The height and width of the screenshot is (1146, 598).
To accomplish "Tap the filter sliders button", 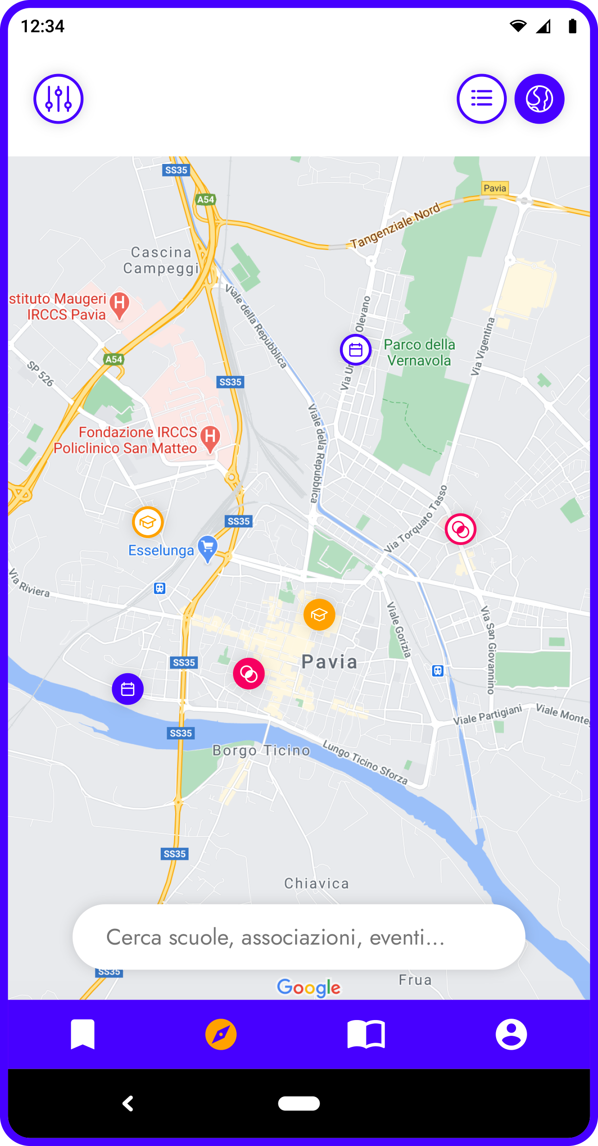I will click(58, 99).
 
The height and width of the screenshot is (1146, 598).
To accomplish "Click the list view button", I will click(481, 99).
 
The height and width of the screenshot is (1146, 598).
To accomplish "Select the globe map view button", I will click(539, 99).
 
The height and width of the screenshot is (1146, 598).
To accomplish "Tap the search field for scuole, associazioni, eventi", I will click(299, 937).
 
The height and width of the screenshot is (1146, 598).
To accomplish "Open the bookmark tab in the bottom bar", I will click(82, 1034).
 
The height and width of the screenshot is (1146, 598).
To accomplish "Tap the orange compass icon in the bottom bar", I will click(221, 1034).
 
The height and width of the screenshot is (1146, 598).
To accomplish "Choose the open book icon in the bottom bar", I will click(366, 1034).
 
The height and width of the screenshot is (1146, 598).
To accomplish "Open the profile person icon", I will click(511, 1034).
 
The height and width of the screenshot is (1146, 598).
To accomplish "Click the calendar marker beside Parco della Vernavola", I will click(356, 350).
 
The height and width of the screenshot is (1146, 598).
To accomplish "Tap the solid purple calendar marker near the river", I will click(128, 689).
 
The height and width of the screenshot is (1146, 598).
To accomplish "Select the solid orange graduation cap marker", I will click(319, 614).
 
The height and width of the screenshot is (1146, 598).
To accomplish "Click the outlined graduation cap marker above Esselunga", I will click(148, 522).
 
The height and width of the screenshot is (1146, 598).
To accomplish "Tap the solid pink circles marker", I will click(249, 674).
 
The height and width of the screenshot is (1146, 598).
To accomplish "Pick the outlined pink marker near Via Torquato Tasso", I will click(460, 529).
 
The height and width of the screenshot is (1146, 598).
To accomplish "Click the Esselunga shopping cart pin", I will click(208, 548).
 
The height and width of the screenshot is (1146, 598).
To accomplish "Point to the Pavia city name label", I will click(329, 662).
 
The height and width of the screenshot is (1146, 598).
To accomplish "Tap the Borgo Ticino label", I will click(261, 750).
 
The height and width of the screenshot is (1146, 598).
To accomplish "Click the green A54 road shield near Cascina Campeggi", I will click(206, 200).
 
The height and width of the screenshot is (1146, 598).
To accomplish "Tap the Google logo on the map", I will click(308, 988).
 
